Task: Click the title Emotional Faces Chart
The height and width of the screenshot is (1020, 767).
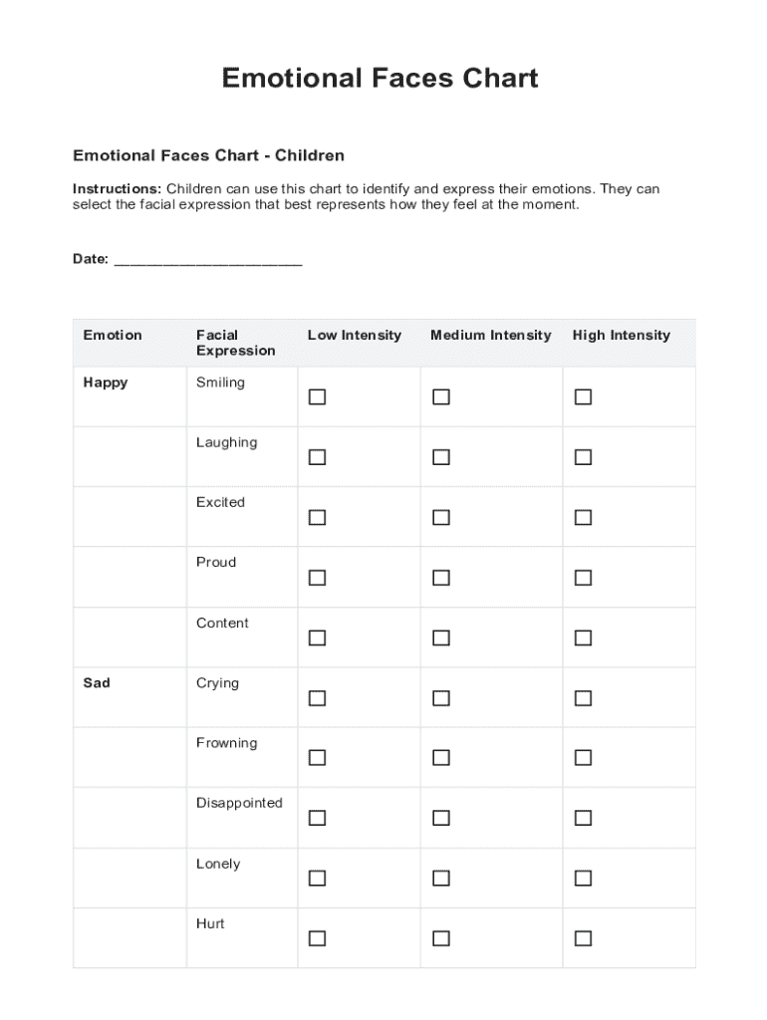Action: point(380,78)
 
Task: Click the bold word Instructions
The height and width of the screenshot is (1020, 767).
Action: point(117,189)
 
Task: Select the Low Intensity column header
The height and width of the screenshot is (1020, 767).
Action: point(354,336)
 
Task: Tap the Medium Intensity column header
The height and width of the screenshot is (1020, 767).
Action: point(490,336)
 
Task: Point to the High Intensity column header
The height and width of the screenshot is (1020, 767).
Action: point(621,336)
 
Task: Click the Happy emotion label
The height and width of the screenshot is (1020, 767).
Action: point(106,382)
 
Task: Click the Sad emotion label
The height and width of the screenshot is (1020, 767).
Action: point(97,683)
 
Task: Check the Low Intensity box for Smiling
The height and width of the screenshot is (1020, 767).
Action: point(317,397)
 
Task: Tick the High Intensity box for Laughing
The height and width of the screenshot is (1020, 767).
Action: point(583,457)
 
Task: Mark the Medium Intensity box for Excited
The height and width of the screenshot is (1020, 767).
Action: point(440,518)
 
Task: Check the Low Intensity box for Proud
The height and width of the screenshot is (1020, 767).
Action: point(317,578)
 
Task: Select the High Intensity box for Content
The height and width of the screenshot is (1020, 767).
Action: point(583,637)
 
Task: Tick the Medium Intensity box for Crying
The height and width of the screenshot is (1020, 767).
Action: point(440,698)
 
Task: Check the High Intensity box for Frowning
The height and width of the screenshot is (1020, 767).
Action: point(583,758)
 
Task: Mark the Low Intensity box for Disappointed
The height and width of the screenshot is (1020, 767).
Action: point(317,818)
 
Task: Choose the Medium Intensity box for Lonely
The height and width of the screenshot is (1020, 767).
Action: point(440,879)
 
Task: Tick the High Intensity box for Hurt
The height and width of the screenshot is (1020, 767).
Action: point(583,938)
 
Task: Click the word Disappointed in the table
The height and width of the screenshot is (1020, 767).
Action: point(239,803)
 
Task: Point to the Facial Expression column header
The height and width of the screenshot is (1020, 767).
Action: point(235,343)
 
